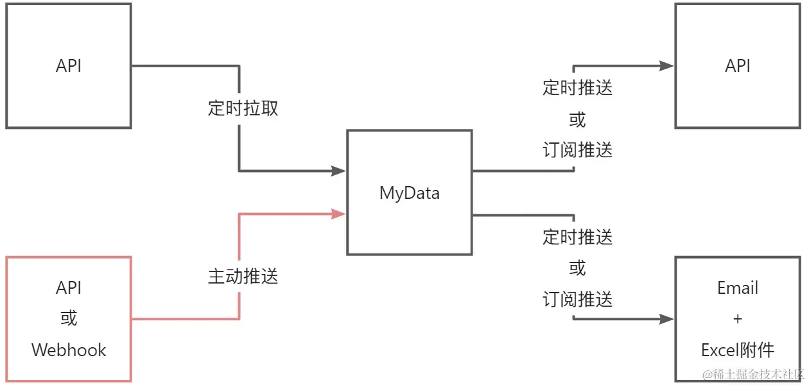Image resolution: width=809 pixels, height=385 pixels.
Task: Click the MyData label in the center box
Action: pos(409,193)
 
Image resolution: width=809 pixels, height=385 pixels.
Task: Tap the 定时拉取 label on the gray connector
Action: pos(243,108)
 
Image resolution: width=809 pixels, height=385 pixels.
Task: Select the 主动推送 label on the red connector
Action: pos(243,277)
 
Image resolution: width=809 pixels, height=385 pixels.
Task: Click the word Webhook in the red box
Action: pos(69,350)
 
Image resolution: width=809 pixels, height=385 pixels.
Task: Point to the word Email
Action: pos(738,288)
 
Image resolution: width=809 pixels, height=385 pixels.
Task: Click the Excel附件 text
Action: pos(738,350)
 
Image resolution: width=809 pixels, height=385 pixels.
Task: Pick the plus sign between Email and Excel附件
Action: pos(738,319)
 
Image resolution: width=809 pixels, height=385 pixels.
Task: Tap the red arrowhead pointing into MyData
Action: pos(338,214)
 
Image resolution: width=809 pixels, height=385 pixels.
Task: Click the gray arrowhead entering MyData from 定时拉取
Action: pos(338,171)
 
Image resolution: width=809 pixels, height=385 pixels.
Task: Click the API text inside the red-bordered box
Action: pos(69,288)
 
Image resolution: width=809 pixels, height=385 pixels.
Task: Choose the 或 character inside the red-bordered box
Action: pos(69,319)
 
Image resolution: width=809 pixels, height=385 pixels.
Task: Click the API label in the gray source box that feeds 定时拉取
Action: pos(69,66)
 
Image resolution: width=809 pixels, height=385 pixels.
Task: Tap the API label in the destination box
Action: pos(738,66)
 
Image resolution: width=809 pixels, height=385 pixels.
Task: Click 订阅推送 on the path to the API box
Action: pos(577,150)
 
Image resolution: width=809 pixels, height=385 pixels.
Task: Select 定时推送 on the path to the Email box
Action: pos(577,237)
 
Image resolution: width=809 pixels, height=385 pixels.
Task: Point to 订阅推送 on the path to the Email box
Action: pos(577,299)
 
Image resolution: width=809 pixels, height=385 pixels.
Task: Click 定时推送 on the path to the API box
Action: pos(577,88)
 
